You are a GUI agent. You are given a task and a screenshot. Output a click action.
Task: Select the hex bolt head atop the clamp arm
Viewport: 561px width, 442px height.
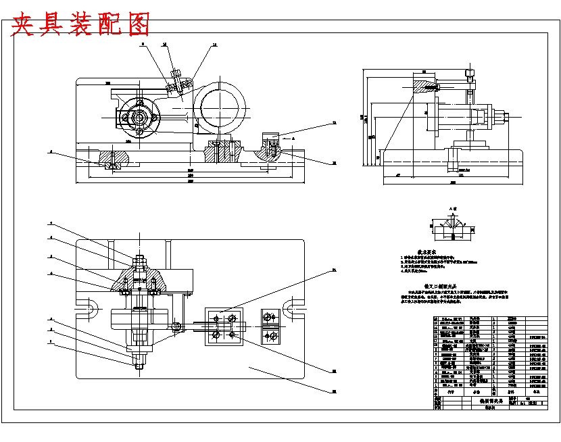click(x=176, y=74)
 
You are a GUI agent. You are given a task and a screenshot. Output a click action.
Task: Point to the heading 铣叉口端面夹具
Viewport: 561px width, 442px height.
click(x=443, y=286)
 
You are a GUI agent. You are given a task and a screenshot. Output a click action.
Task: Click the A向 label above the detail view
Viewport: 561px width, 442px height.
click(x=454, y=210)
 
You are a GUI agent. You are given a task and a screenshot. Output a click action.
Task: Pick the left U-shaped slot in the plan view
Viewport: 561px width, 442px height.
click(x=89, y=310)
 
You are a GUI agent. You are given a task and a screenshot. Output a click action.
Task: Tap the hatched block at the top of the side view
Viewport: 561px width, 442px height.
click(x=426, y=87)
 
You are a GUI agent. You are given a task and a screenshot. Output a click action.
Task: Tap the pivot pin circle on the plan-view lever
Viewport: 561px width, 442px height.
click(x=176, y=326)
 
